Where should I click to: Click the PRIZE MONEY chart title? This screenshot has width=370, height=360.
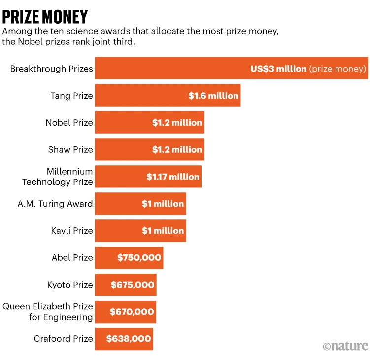coord(45,17)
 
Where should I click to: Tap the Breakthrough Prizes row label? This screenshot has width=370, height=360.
coord(52,69)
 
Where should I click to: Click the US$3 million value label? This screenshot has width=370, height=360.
coord(278,69)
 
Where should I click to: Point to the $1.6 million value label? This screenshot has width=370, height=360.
coord(213,96)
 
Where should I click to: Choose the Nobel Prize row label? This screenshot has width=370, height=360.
coord(69,123)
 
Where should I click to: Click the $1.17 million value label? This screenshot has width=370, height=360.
coord(173,177)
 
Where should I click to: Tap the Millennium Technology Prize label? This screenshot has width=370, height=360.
coord(58,177)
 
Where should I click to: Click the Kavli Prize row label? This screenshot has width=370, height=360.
coord(72,231)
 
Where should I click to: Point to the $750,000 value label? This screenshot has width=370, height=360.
coord(139,257)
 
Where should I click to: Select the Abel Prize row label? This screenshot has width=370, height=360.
coord(72,257)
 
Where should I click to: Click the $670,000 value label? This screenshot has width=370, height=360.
coord(132,312)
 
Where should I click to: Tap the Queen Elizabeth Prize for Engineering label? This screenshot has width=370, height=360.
coord(48,312)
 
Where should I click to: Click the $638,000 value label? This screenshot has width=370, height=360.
coord(129,339)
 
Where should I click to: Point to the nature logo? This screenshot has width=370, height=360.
coord(345,346)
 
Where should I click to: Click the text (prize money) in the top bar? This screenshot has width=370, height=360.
coord(337,69)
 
